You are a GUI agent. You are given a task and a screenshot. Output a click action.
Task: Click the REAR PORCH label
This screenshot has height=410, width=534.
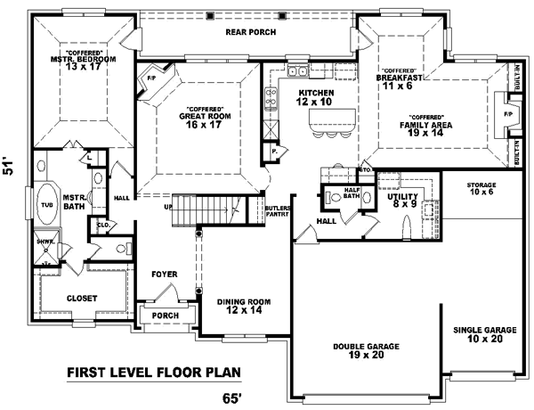pyautogui.click(x=250, y=32)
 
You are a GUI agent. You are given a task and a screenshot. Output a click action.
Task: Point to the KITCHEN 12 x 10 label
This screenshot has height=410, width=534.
pyautogui.click(x=315, y=97)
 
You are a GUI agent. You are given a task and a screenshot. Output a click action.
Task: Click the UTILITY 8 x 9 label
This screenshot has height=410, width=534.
pyautogui.click(x=402, y=200)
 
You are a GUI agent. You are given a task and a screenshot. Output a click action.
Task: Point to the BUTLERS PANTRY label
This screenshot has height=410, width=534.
pyautogui.click(x=277, y=212)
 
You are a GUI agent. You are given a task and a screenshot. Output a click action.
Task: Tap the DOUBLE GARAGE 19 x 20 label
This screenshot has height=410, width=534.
pyautogui.click(x=366, y=349)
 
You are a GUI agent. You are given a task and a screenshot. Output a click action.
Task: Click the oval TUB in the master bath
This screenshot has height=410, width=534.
pyautogui.click(x=46, y=204)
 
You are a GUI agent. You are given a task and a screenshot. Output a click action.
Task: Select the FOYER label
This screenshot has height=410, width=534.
pyautogui.click(x=163, y=274)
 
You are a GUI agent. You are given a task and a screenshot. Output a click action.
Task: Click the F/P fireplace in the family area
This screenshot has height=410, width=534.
pyautogui.click(x=509, y=116)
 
